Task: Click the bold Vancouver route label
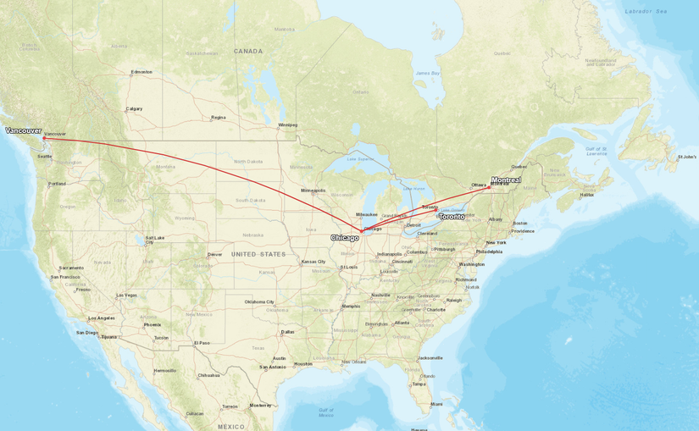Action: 23,130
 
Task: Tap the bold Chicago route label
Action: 345,238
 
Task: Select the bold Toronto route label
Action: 452,217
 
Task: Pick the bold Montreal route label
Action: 506,180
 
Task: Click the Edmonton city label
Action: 141,72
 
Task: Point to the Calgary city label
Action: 134,108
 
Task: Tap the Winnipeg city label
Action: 288,125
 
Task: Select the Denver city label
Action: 215,254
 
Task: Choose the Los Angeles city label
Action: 102,318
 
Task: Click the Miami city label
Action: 435,404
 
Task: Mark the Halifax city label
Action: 586,195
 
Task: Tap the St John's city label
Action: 686,157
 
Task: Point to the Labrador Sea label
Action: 646,11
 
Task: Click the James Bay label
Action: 428,74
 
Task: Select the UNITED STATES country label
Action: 258,254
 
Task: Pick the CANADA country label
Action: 248,51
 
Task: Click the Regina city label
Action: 219,118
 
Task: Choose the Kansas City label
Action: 313,262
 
